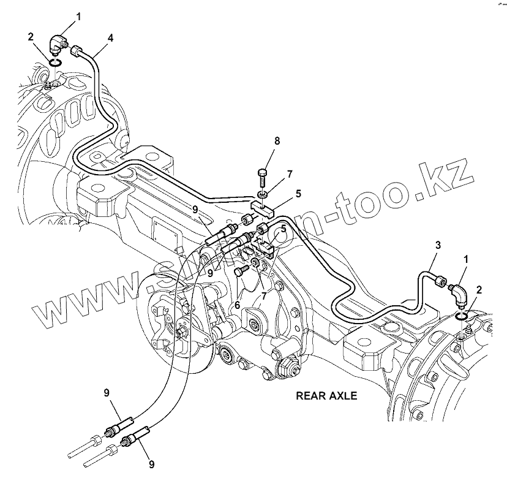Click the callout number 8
pyautogui.click(x=277, y=141)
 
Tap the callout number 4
pyautogui.click(x=110, y=38)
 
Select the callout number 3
pyautogui.click(x=438, y=245)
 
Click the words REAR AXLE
pyautogui.click(x=326, y=396)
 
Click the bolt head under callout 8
pyautogui.click(x=263, y=173)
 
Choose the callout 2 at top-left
pyautogui.click(x=30, y=37)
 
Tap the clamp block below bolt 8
pyautogui.click(x=263, y=207)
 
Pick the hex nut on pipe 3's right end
pyautogui.click(x=440, y=281)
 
